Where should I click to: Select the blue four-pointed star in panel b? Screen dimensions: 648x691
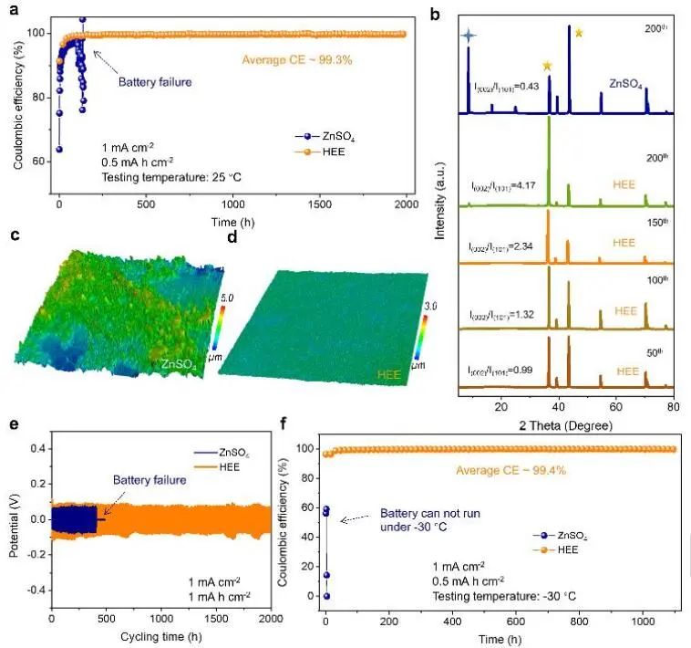(x=468, y=36)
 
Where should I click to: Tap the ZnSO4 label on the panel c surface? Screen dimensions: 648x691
(x=179, y=364)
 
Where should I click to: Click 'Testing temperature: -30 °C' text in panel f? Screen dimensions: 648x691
(x=503, y=595)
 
